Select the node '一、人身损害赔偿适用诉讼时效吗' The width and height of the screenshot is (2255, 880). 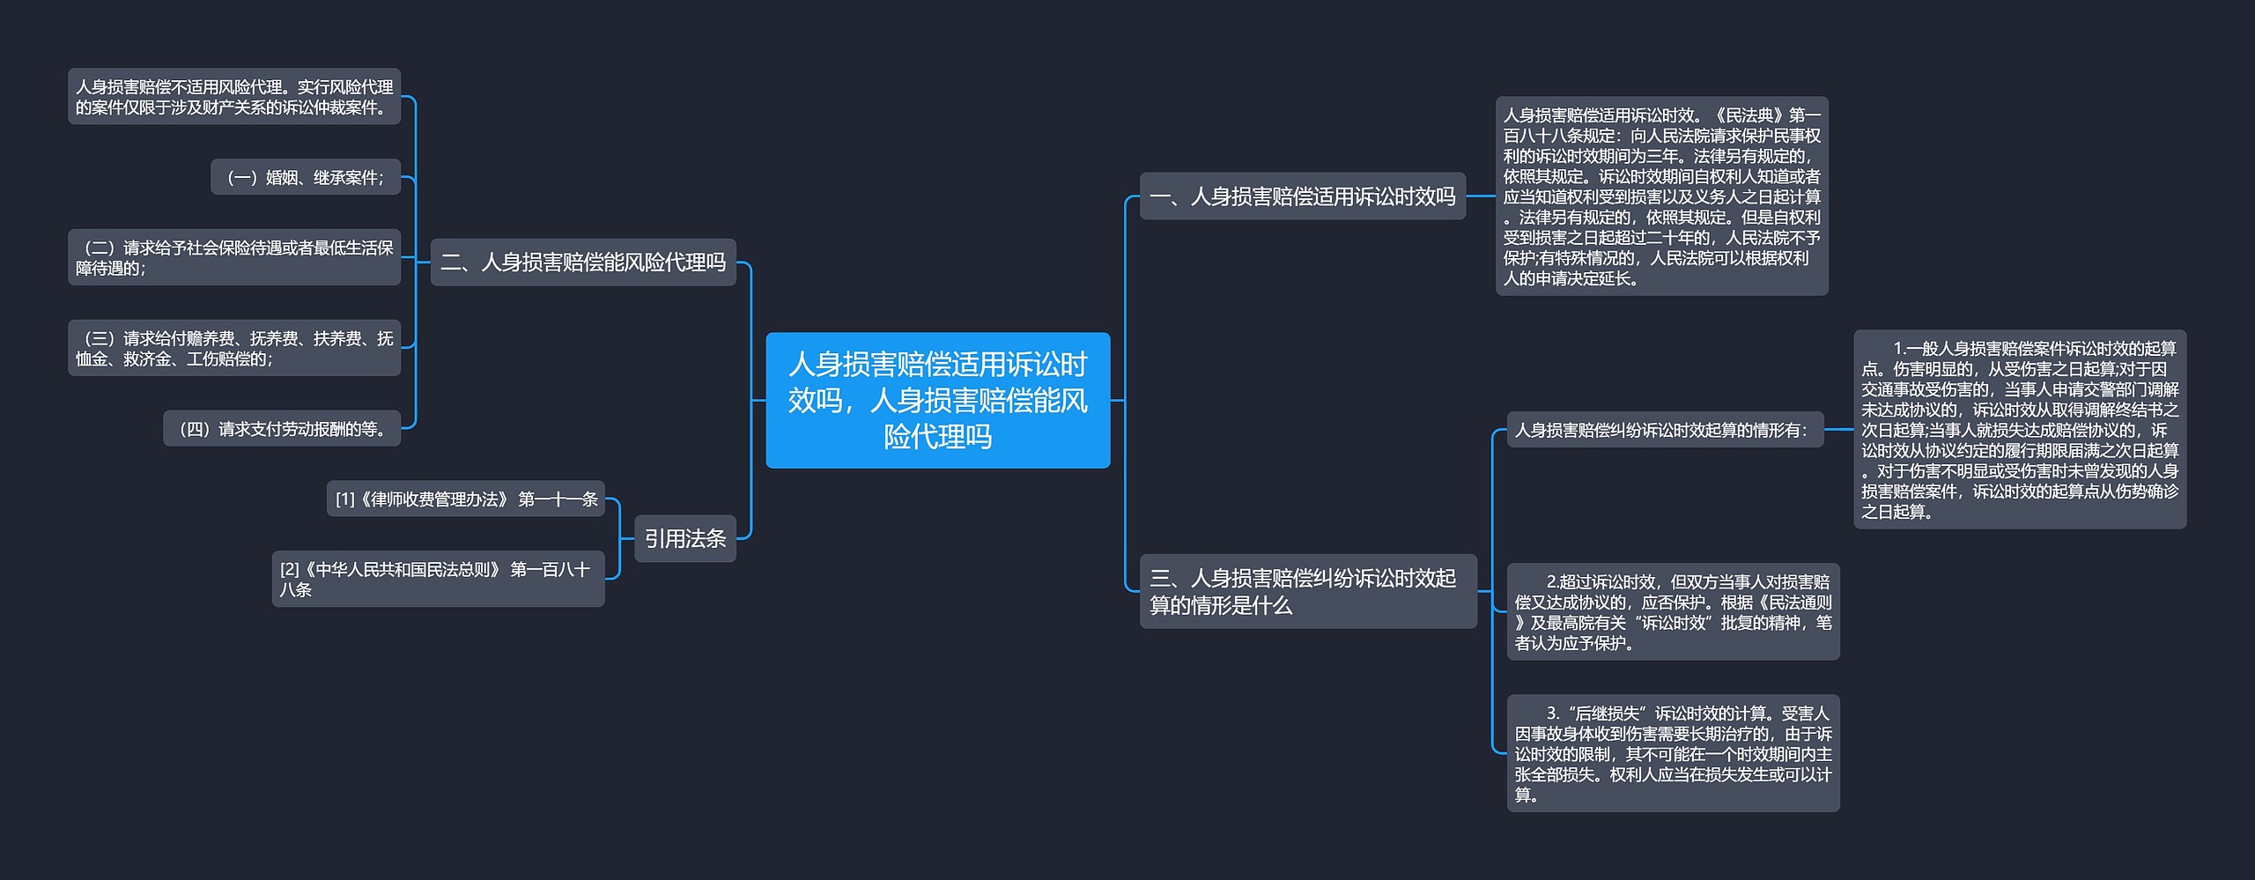tap(1302, 196)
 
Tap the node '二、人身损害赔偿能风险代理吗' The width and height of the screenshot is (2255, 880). tap(582, 262)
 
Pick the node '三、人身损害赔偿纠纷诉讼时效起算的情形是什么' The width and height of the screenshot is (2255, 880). tap(1307, 591)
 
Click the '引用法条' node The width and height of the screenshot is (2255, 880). tap(684, 538)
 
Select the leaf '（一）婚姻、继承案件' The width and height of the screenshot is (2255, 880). tap(305, 177)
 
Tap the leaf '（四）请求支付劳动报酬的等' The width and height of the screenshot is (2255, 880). tap(282, 429)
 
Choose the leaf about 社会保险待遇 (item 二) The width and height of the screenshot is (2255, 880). tap(233, 257)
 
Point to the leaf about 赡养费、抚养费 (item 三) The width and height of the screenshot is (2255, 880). tap(233, 348)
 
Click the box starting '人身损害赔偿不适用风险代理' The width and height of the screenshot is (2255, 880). tap(233, 96)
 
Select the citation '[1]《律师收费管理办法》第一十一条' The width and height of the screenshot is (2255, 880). tap(465, 499)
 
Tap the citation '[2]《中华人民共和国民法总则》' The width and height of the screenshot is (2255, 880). tap(438, 579)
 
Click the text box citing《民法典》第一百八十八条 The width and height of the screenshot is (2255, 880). tap(1661, 196)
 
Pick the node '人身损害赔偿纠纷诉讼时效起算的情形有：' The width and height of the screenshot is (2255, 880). tap(1664, 430)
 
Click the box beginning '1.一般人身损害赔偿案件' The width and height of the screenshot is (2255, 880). tap(2019, 429)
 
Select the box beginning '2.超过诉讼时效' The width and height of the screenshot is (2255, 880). tap(1672, 611)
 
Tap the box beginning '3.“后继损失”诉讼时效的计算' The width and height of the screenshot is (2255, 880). tap(1672, 753)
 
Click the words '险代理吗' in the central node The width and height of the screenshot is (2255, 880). tap(937, 437)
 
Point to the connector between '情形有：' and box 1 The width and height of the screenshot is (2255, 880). tap(1838, 430)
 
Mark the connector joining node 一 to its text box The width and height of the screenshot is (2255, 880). tap(1481, 196)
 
